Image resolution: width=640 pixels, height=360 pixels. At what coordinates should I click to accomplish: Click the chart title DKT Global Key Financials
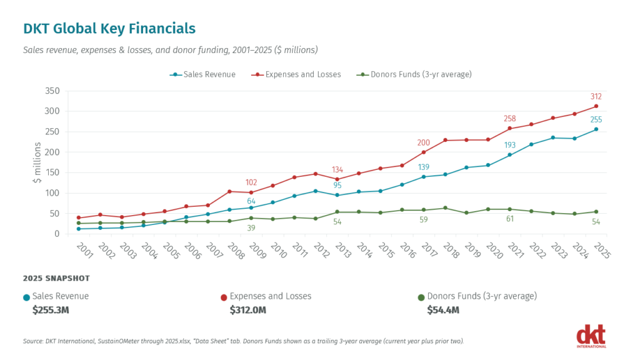click(x=109, y=29)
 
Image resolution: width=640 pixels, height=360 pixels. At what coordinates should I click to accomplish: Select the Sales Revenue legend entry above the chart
click(x=203, y=74)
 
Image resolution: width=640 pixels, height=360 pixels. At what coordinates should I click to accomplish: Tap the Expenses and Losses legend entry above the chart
click(x=296, y=74)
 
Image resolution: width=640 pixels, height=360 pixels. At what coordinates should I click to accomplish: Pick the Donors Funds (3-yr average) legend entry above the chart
click(x=414, y=74)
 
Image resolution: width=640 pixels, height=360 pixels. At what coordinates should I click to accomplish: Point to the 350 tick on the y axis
click(x=52, y=91)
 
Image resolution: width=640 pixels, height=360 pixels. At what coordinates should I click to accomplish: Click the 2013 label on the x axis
click(x=342, y=251)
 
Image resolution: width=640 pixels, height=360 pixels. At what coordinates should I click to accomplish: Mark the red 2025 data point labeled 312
click(x=596, y=106)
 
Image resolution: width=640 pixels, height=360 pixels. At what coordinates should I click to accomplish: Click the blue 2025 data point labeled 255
click(x=596, y=129)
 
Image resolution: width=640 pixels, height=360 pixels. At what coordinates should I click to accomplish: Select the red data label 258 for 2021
click(x=510, y=119)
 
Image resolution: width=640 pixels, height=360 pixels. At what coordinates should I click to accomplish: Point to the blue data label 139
click(x=424, y=167)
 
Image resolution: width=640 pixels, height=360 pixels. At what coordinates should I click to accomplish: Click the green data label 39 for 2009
click(x=251, y=227)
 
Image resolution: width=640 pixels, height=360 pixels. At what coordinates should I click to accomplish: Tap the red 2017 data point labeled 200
click(x=424, y=152)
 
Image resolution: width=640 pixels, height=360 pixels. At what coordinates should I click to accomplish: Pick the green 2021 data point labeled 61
click(x=510, y=209)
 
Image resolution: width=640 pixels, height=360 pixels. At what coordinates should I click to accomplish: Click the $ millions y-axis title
click(x=37, y=162)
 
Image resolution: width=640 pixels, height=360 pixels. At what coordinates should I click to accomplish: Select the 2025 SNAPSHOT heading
click(x=56, y=278)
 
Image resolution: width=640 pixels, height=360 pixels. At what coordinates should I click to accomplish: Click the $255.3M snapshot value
click(x=51, y=310)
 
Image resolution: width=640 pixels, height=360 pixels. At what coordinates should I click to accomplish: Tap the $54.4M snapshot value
click(x=443, y=310)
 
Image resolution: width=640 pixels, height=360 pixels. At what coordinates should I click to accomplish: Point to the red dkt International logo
click(x=591, y=336)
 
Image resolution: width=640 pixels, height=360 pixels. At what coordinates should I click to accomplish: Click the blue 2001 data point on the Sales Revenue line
click(x=78, y=229)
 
